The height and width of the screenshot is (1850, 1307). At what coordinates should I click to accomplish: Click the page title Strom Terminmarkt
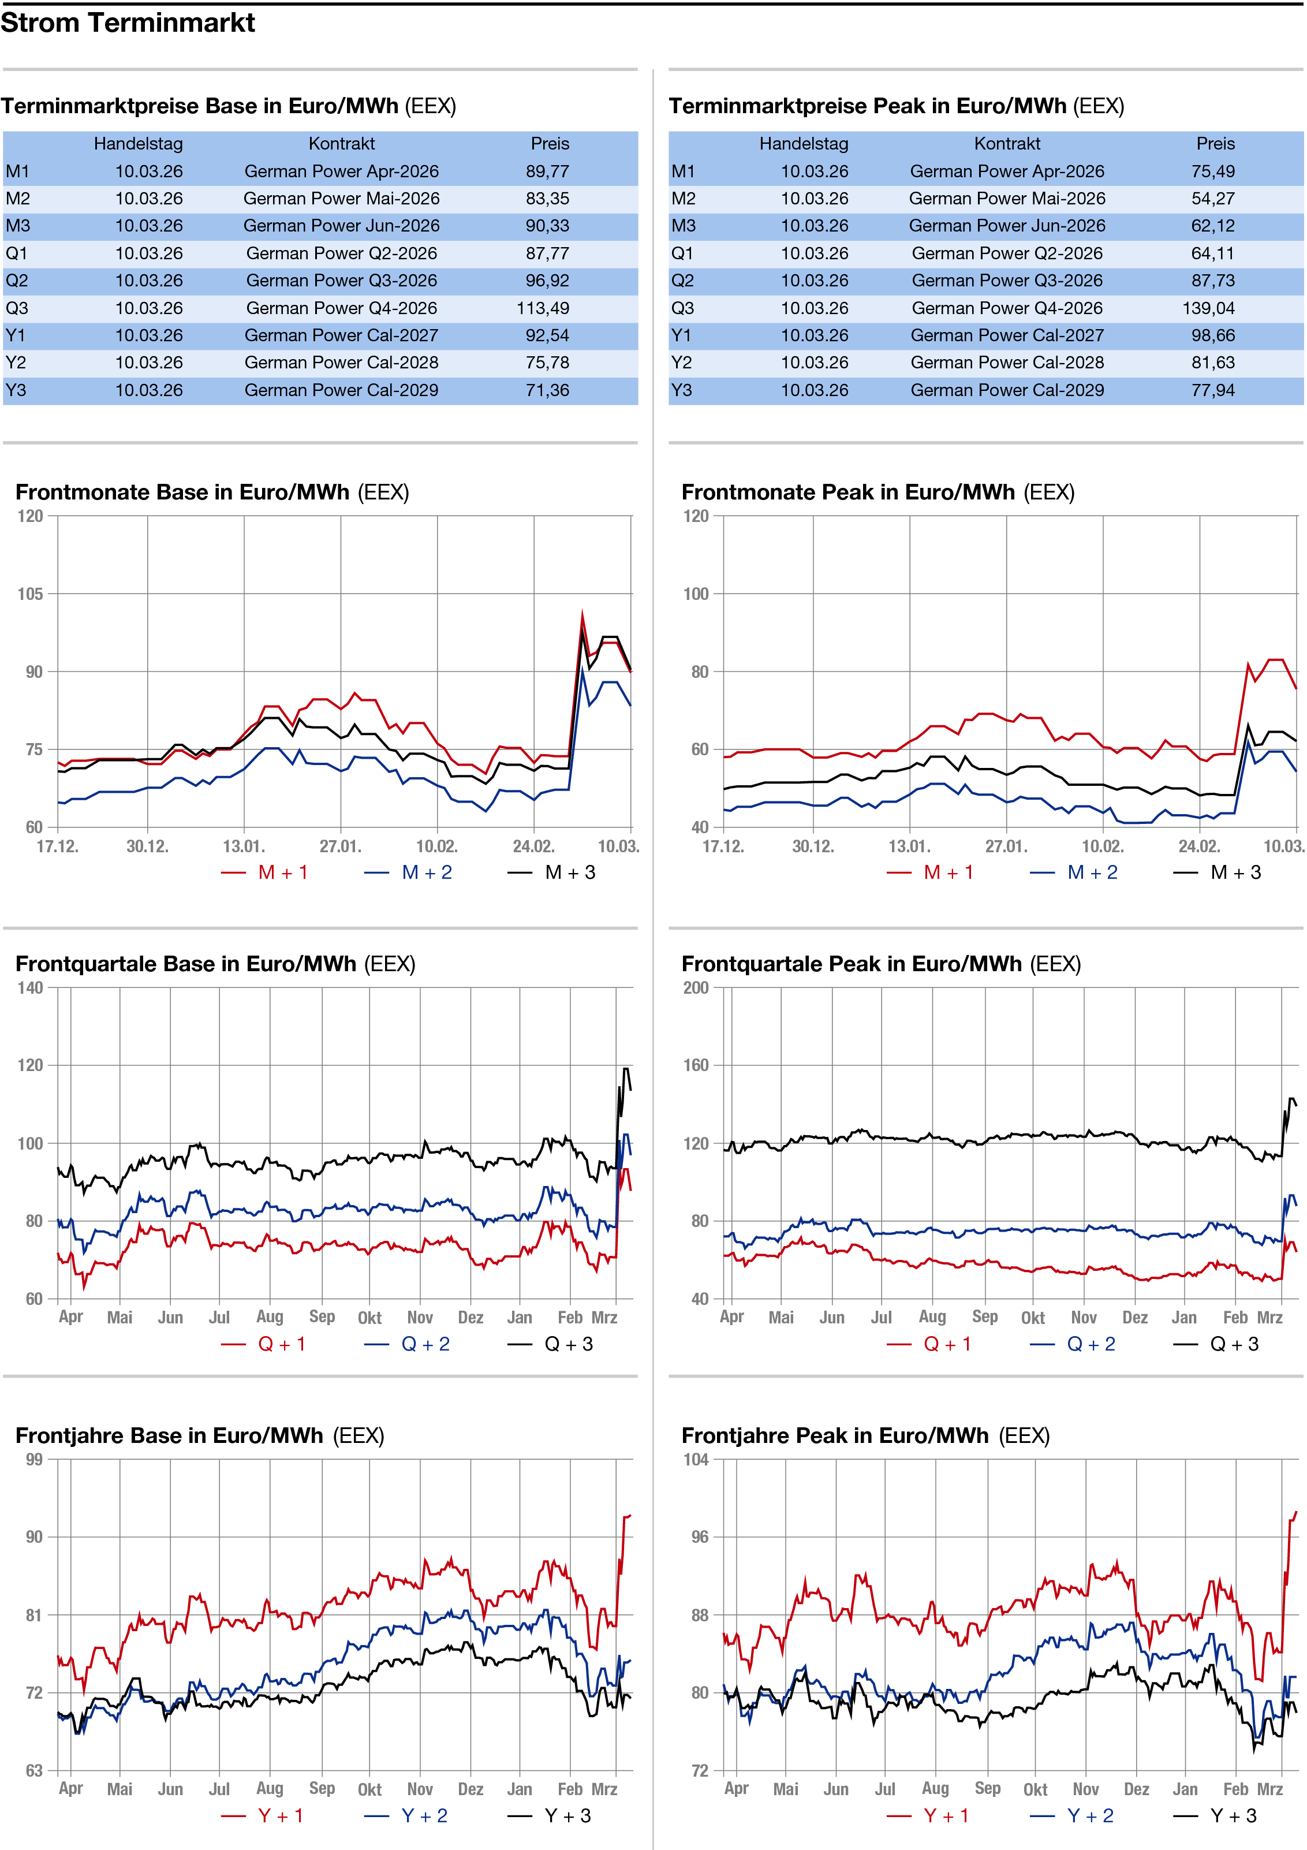(x=128, y=23)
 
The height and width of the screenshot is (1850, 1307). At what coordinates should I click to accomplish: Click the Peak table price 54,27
(x=1213, y=198)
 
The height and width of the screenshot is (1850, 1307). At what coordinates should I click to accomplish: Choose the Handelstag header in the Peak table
(x=804, y=143)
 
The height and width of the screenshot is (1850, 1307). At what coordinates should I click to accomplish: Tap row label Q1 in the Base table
(x=16, y=253)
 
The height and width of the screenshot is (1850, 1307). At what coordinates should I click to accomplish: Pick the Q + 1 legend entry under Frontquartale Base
(x=281, y=1344)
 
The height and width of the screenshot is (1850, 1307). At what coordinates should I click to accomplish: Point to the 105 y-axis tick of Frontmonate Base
(x=30, y=594)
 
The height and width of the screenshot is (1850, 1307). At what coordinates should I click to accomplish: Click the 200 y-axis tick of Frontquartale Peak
(x=696, y=988)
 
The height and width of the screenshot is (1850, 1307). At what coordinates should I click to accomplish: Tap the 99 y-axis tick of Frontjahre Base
(x=34, y=1459)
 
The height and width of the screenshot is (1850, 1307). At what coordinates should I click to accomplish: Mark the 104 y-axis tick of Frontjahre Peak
(x=696, y=1459)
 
